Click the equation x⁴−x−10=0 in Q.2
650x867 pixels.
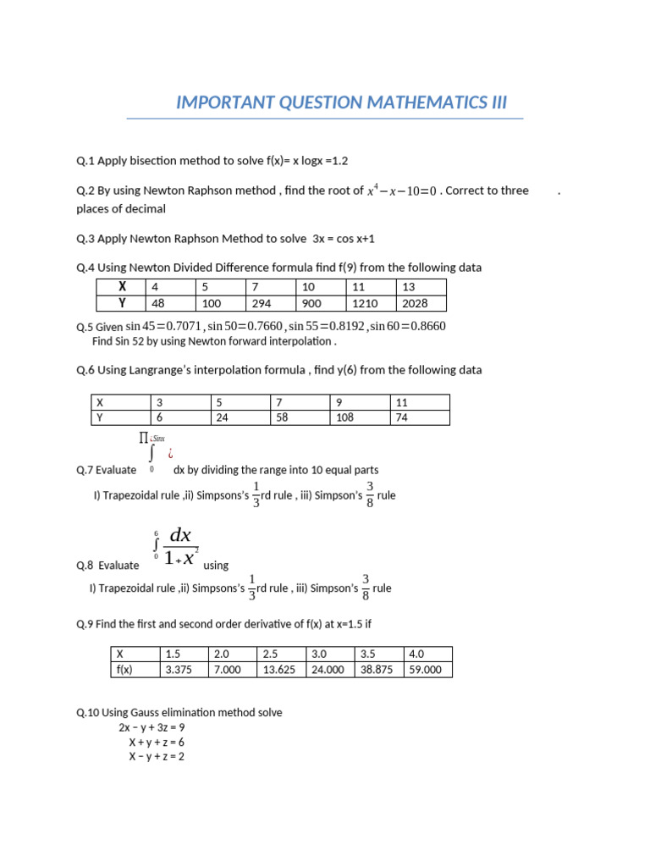[401, 191]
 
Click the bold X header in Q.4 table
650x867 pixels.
[122, 287]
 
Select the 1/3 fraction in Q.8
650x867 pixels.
[252, 588]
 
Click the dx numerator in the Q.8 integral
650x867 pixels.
[181, 535]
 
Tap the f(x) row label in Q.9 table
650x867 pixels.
[126, 669]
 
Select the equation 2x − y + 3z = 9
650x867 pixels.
[151, 727]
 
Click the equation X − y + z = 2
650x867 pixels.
[156, 756]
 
